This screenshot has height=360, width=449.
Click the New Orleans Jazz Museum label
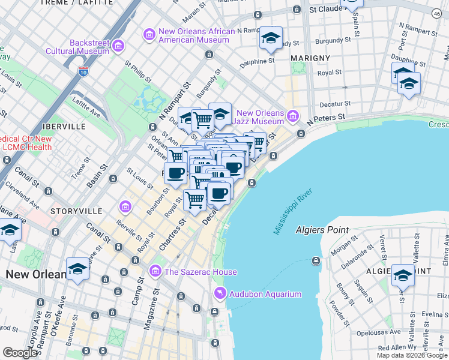click(259, 117)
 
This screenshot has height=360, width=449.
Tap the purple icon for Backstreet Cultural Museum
click(118, 46)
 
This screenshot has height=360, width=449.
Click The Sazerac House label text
click(200, 272)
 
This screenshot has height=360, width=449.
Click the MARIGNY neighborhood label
click(310, 58)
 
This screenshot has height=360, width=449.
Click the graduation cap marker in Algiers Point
click(403, 276)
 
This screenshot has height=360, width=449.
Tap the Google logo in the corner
click(20, 353)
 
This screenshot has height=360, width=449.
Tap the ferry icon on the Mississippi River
click(316, 260)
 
